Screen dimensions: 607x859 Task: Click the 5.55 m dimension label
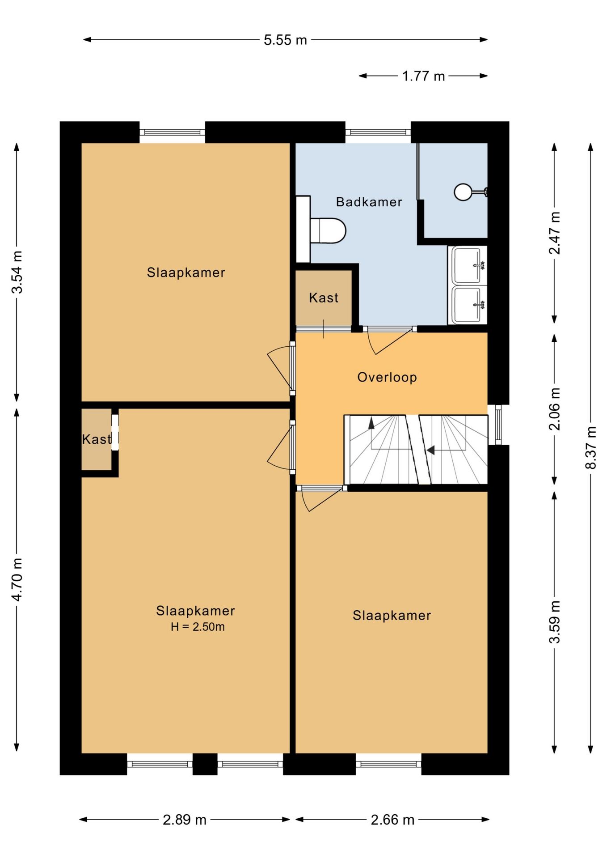(x=285, y=40)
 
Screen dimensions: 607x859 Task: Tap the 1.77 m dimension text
(x=423, y=76)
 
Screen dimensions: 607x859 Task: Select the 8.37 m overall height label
(x=591, y=447)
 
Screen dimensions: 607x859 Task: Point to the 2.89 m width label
(x=185, y=820)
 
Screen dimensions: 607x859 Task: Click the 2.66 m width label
(x=392, y=820)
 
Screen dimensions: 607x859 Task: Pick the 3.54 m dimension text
(x=17, y=272)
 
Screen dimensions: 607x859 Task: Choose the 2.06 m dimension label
(x=554, y=409)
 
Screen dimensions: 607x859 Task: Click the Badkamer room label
(x=369, y=202)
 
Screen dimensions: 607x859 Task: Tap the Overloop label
(x=387, y=377)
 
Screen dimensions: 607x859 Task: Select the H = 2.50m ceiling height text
(x=198, y=627)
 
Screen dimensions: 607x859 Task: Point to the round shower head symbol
(x=463, y=192)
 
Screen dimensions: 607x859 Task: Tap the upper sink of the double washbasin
(x=468, y=265)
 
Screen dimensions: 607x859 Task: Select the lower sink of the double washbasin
(x=468, y=305)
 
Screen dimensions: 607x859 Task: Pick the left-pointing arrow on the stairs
(x=430, y=450)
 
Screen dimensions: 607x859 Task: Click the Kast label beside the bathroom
(x=324, y=298)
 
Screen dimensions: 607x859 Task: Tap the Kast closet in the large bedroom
(x=97, y=439)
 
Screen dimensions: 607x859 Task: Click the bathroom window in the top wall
(x=378, y=132)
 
